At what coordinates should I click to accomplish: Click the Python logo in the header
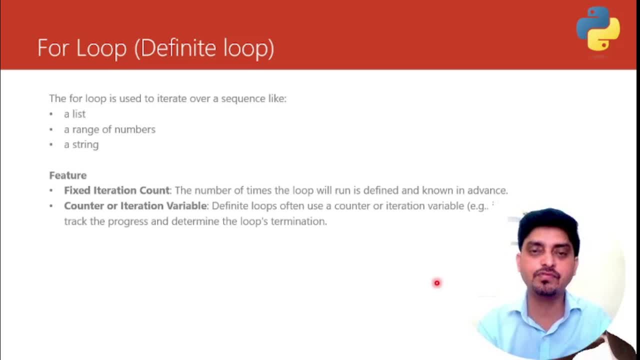point(598,29)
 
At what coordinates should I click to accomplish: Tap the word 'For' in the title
point(53,47)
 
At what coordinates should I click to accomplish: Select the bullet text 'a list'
point(74,114)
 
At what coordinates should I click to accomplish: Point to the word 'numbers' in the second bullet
point(135,129)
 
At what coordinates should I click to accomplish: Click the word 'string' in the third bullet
point(85,145)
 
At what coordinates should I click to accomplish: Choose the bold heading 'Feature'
point(67,175)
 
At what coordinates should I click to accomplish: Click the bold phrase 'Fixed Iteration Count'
point(117,190)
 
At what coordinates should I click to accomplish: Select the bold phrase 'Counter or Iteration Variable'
point(135,205)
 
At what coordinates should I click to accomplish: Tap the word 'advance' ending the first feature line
point(487,190)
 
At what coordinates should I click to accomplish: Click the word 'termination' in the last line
point(299,221)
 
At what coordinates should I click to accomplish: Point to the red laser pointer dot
point(437,283)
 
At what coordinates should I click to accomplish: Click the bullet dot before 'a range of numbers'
point(51,129)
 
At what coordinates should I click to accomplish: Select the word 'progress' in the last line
point(128,221)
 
